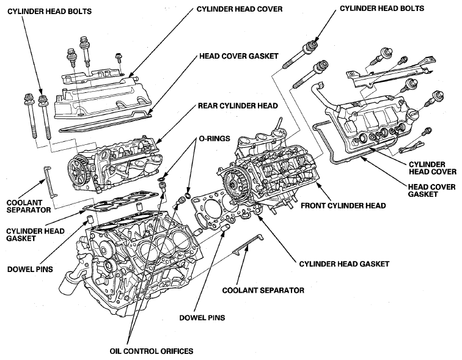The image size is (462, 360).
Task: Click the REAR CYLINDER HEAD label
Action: [x=238, y=106]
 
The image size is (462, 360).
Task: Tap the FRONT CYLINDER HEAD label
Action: [x=343, y=205]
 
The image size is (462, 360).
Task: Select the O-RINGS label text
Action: [x=215, y=139]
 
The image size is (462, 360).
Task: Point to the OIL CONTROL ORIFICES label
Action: [x=152, y=351]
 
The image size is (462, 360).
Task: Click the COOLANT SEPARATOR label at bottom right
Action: [x=263, y=290]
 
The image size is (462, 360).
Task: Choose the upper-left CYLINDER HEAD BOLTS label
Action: [x=50, y=12]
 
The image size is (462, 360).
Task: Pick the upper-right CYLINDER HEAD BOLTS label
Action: [x=382, y=8]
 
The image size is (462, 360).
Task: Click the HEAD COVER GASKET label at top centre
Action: [x=239, y=56]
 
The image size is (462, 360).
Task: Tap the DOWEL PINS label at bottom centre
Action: [x=202, y=318]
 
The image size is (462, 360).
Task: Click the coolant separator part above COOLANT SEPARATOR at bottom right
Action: [x=248, y=243]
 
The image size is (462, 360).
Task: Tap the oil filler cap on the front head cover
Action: [x=412, y=115]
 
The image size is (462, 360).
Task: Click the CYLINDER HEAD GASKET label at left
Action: [x=35, y=235]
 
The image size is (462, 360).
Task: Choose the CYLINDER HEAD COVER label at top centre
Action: [x=240, y=9]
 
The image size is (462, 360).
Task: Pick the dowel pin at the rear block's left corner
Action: [x=90, y=220]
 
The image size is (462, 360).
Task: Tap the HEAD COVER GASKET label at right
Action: [x=431, y=190]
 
